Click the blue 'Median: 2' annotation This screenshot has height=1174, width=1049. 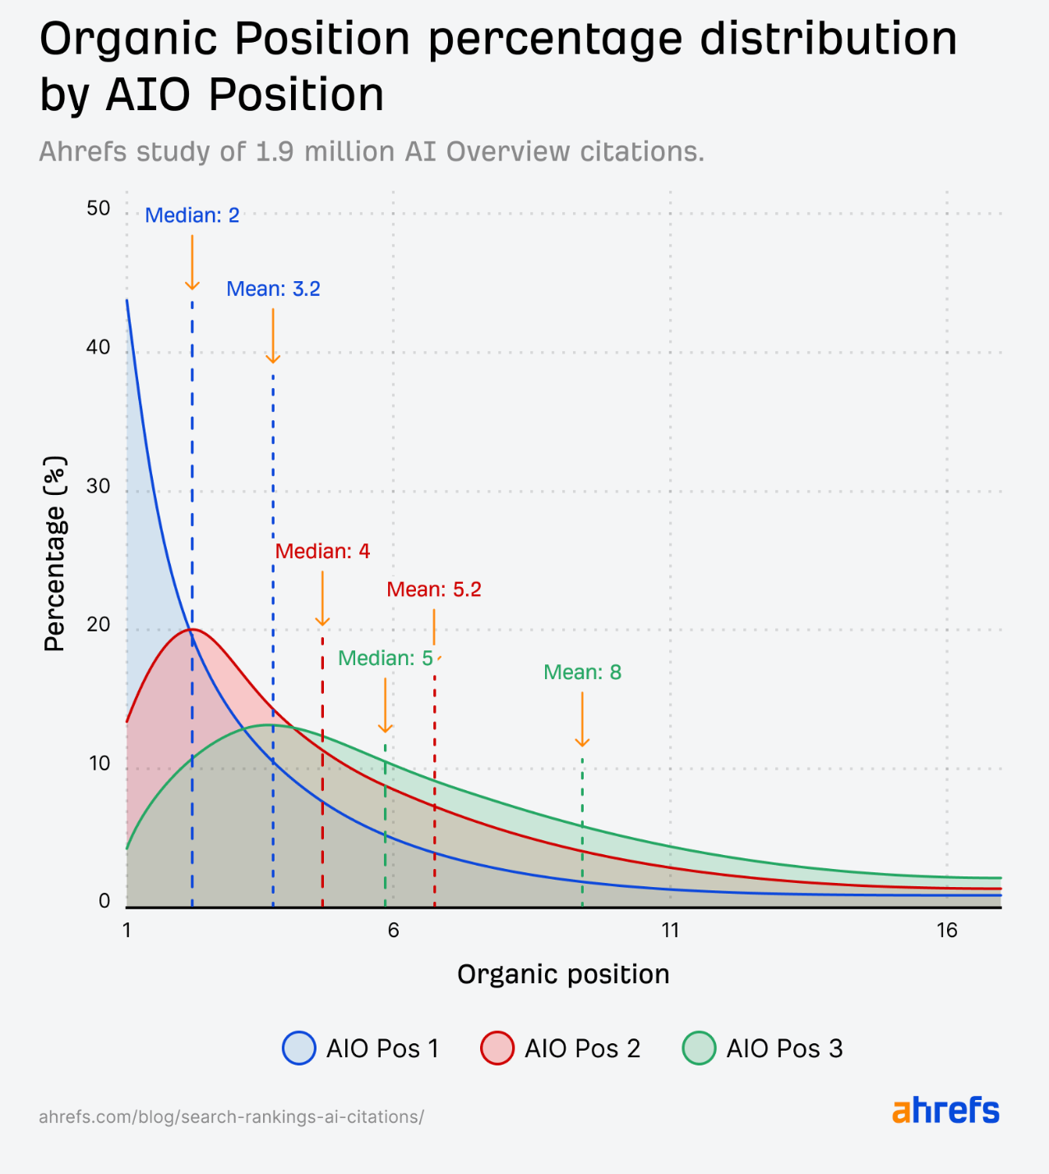[x=192, y=215]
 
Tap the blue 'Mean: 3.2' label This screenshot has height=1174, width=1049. [x=273, y=289]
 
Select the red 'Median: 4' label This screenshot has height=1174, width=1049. [x=322, y=552]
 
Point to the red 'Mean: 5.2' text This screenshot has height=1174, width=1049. [x=434, y=589]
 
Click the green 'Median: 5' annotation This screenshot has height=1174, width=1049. [x=385, y=659]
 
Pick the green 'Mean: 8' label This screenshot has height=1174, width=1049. [x=582, y=673]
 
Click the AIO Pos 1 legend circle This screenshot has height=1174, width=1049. [x=299, y=1048]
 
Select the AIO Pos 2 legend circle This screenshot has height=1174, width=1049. [x=497, y=1048]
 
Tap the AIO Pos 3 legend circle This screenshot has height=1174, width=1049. [x=699, y=1048]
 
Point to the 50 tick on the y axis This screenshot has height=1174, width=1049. [x=99, y=209]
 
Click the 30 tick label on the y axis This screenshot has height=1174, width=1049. [x=99, y=487]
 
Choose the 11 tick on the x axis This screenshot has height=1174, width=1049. [x=670, y=930]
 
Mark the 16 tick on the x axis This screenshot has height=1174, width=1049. [x=947, y=930]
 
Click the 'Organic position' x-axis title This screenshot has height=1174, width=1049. [x=563, y=974]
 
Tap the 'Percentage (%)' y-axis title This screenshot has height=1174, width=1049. [x=54, y=554]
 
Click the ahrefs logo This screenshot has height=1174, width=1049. [x=945, y=1111]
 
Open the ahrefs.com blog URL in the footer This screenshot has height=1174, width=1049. [x=231, y=1117]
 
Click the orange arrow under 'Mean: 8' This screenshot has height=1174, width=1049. [x=582, y=719]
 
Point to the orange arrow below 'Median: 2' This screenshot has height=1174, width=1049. [x=192, y=262]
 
